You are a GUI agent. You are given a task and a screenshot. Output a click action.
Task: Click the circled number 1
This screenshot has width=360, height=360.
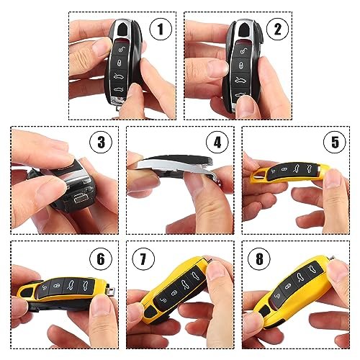(161, 29)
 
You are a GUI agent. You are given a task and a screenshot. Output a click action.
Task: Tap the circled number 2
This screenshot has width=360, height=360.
(278, 29)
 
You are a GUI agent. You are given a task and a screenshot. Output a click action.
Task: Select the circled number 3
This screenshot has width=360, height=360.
(101, 143)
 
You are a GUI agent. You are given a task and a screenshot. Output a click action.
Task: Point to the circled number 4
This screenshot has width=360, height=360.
(217, 143)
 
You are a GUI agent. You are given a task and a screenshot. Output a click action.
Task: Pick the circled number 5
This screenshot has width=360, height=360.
(335, 143)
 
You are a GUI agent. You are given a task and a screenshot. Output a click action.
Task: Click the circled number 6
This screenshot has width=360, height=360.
(101, 259)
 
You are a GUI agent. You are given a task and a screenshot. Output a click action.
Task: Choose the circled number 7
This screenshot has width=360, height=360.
(143, 259)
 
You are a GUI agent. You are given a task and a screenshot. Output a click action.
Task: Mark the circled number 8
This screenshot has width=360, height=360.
(259, 259)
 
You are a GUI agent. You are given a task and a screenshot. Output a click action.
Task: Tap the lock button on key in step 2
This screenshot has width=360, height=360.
(240, 65)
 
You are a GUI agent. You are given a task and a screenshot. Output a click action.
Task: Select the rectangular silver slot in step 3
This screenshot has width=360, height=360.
(81, 199)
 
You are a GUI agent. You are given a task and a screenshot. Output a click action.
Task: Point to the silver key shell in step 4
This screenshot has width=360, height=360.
(173, 167)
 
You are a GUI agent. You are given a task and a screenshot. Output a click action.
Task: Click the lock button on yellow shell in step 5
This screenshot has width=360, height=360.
(284, 169)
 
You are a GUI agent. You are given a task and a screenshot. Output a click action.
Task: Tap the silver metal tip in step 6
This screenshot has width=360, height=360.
(111, 289)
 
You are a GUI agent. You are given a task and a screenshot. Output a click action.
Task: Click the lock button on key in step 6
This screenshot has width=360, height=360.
(55, 286)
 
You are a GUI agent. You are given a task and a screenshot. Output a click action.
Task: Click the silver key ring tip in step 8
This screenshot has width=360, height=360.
(333, 258)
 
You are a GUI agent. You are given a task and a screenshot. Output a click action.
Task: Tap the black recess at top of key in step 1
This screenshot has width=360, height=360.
(123, 30)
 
